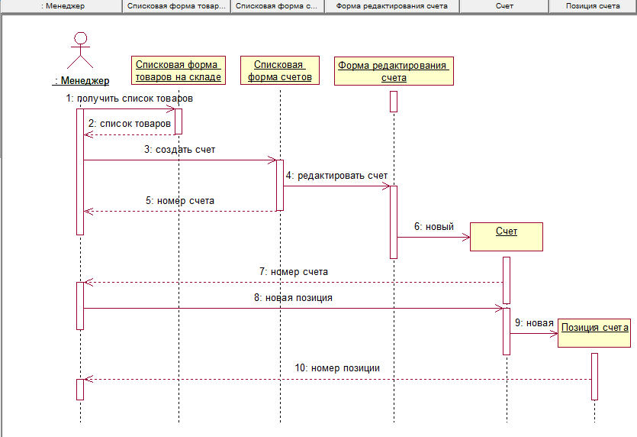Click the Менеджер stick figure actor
[x=81, y=50]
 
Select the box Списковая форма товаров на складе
[x=179, y=70]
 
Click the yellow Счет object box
[x=507, y=236]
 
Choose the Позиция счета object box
[x=594, y=333]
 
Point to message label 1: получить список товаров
[x=129, y=99]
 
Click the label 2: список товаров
[x=130, y=123]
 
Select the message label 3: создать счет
[x=179, y=150]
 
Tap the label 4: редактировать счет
[x=337, y=175]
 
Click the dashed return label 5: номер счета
[x=179, y=200]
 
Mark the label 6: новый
[x=434, y=226]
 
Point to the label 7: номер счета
[x=294, y=271]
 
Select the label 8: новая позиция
[x=293, y=297]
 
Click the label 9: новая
[x=534, y=322]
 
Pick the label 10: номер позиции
[x=337, y=367]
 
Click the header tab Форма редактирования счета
[x=392, y=6]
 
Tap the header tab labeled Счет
[x=503, y=6]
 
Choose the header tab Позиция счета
[x=593, y=6]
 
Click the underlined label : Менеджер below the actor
[x=82, y=80]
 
